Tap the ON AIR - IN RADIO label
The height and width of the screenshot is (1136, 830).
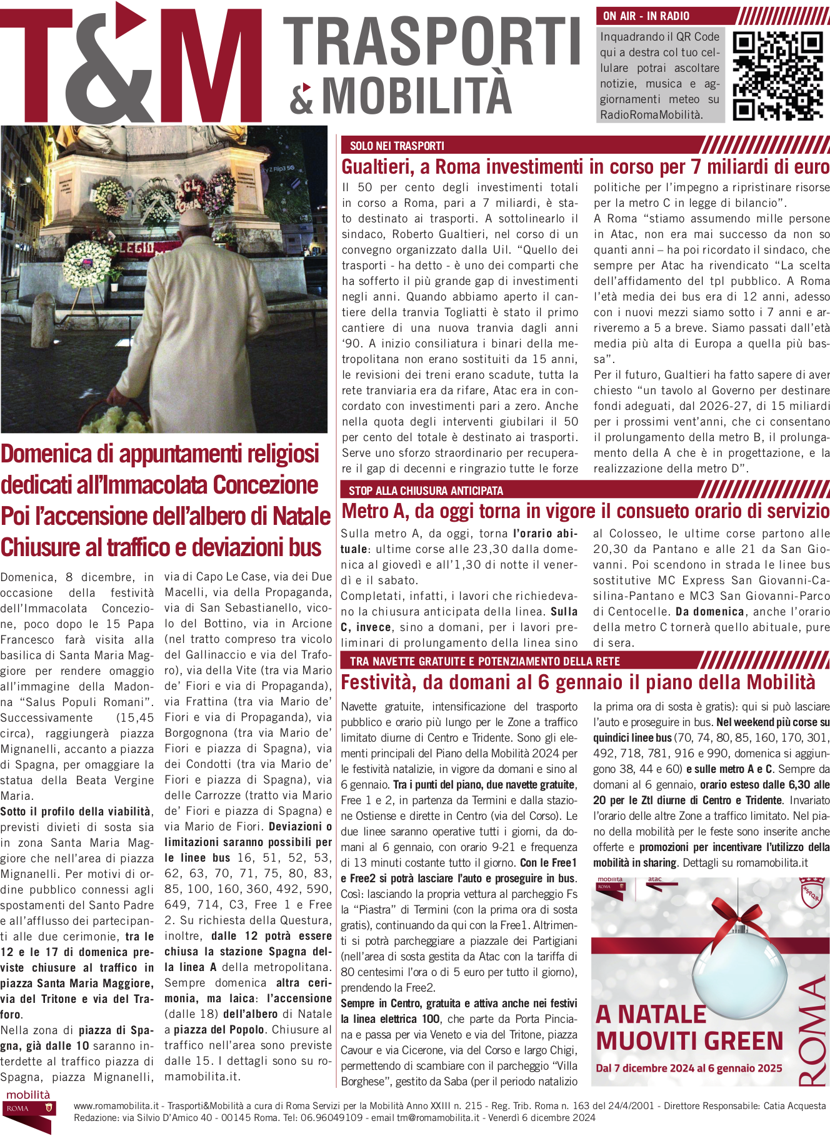point(646,16)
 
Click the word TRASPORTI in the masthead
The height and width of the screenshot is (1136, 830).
point(432,42)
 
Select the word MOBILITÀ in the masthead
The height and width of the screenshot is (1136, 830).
point(417,95)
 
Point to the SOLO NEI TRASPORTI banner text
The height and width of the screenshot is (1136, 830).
point(397,146)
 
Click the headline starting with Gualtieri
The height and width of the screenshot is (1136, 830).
point(585,167)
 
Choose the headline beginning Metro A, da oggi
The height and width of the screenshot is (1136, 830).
point(585,512)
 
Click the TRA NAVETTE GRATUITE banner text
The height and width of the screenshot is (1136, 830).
point(484,661)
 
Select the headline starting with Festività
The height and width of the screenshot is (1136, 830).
point(578,682)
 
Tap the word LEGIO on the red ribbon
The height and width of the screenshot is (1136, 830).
point(136,248)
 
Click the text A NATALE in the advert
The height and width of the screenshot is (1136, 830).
point(651,1014)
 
